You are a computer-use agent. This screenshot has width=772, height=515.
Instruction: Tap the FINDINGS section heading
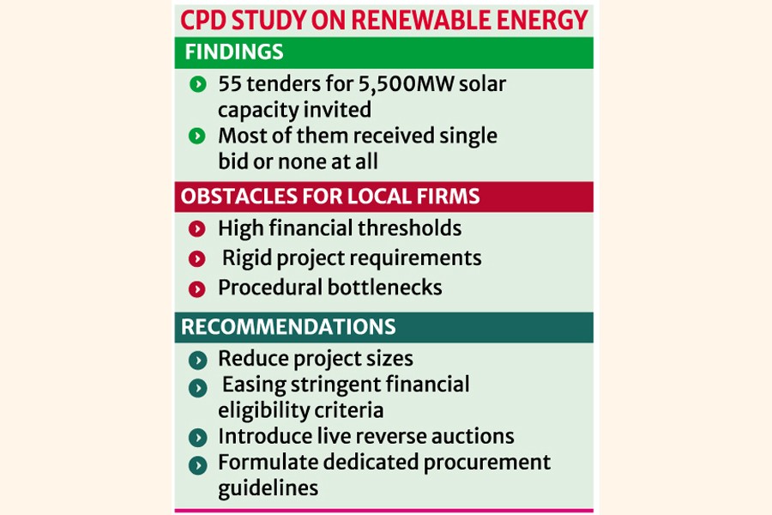[x=233, y=51]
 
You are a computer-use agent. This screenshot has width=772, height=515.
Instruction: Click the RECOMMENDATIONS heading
[x=288, y=327]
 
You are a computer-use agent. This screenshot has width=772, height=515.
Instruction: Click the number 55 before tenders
[x=229, y=84]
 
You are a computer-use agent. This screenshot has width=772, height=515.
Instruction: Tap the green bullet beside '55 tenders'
[x=197, y=84]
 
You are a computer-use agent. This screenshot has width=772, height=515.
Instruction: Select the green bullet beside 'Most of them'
[x=197, y=136]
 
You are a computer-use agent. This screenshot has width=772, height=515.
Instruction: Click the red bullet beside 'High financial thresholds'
[x=197, y=229]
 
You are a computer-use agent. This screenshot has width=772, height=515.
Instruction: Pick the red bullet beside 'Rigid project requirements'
[x=197, y=258]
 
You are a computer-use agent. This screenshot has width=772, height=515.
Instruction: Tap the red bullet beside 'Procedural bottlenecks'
[x=197, y=288]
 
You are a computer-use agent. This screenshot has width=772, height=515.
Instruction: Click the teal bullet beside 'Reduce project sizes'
[x=197, y=359]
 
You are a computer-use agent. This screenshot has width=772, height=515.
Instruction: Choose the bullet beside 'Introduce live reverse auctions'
[x=197, y=437]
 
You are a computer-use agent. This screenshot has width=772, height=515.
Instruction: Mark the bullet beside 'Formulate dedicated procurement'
[x=197, y=464]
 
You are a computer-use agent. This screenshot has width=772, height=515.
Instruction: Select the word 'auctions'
[x=474, y=436]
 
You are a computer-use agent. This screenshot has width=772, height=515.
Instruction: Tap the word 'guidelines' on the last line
[x=268, y=488]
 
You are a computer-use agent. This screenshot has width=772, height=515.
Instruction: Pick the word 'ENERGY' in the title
[x=545, y=20]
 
